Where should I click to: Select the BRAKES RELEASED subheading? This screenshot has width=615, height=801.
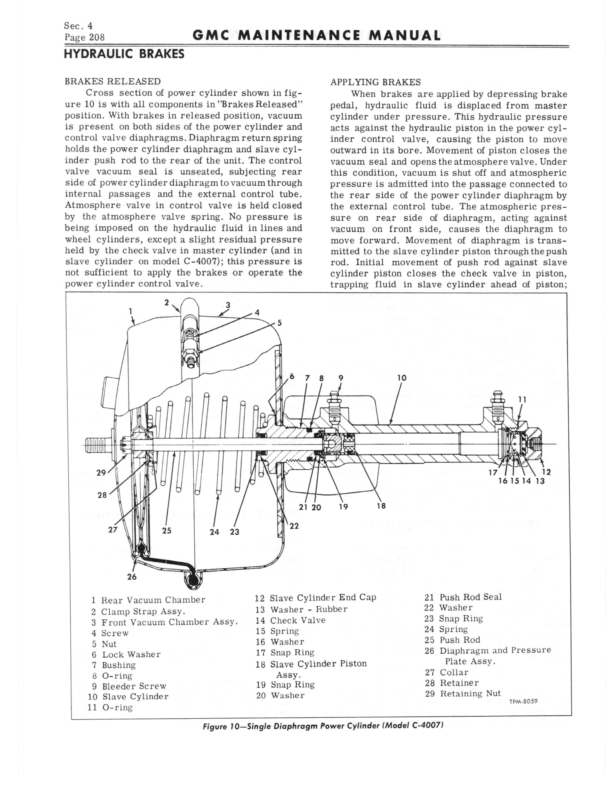112,81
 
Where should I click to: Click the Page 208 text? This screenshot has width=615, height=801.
85,37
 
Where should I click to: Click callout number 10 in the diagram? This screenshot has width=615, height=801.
401,378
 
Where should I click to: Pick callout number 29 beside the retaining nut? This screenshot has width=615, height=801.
101,473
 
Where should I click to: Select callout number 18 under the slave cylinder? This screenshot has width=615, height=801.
381,506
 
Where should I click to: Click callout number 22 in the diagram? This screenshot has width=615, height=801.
294,526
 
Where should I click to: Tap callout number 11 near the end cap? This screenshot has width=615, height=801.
523,400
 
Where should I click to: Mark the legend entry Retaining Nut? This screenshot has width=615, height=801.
470,693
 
